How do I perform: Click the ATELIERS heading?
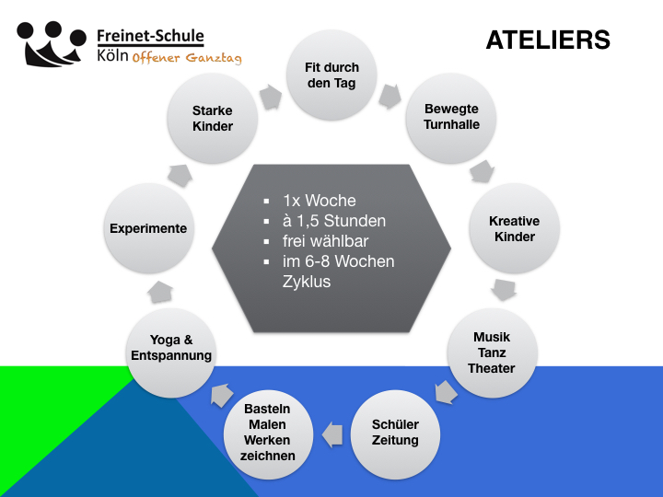tap(547, 40)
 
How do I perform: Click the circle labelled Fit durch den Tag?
tap(331, 75)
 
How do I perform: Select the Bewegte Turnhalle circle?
tap(451, 117)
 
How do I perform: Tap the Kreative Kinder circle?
tap(514, 228)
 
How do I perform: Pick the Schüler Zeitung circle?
tap(394, 433)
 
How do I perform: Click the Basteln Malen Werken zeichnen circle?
tap(268, 432)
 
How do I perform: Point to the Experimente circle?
tap(148, 228)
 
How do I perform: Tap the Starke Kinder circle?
tap(213, 119)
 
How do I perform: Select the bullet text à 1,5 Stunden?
tap(333, 221)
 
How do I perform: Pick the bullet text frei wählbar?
tap(325, 241)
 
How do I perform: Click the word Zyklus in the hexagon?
tap(306, 282)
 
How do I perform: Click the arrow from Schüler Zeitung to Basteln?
tap(331, 428)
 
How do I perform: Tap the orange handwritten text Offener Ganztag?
tap(187, 58)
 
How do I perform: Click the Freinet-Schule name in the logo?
tap(150, 37)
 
